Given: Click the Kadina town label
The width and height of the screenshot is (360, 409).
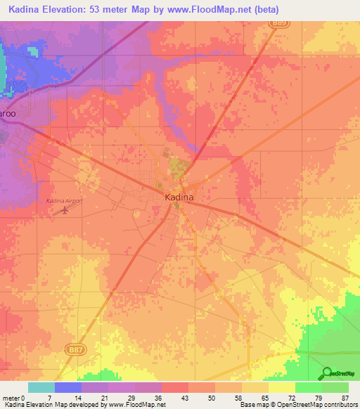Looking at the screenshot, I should pos(179,198).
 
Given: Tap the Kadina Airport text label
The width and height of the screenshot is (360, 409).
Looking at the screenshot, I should pos(64,201).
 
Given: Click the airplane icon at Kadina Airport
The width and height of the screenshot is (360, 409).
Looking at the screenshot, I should pos(66,209).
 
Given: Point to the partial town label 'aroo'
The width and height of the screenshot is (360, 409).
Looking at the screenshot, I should pos(8,113).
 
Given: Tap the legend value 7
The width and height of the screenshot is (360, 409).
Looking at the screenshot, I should pos(49,398).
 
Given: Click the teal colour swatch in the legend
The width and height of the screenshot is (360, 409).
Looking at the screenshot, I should pos(41,387).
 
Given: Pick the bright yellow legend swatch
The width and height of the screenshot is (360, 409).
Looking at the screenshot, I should pos(281,387).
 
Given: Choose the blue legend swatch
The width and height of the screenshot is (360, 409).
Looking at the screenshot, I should pos(67,387).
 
